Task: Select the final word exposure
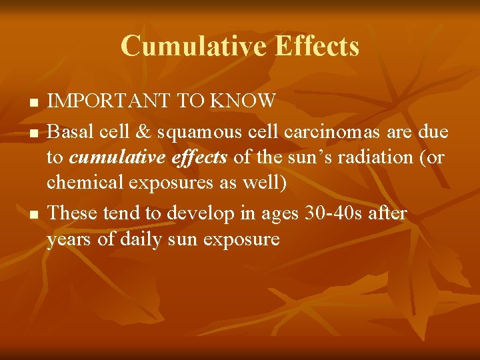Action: coord(243,238)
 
